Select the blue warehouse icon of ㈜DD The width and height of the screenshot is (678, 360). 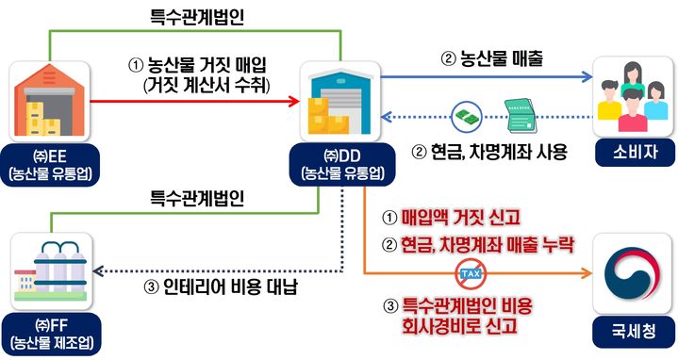(339, 101)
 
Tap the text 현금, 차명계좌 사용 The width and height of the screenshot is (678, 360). (490, 150)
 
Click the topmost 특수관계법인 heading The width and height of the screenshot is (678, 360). (193, 15)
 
